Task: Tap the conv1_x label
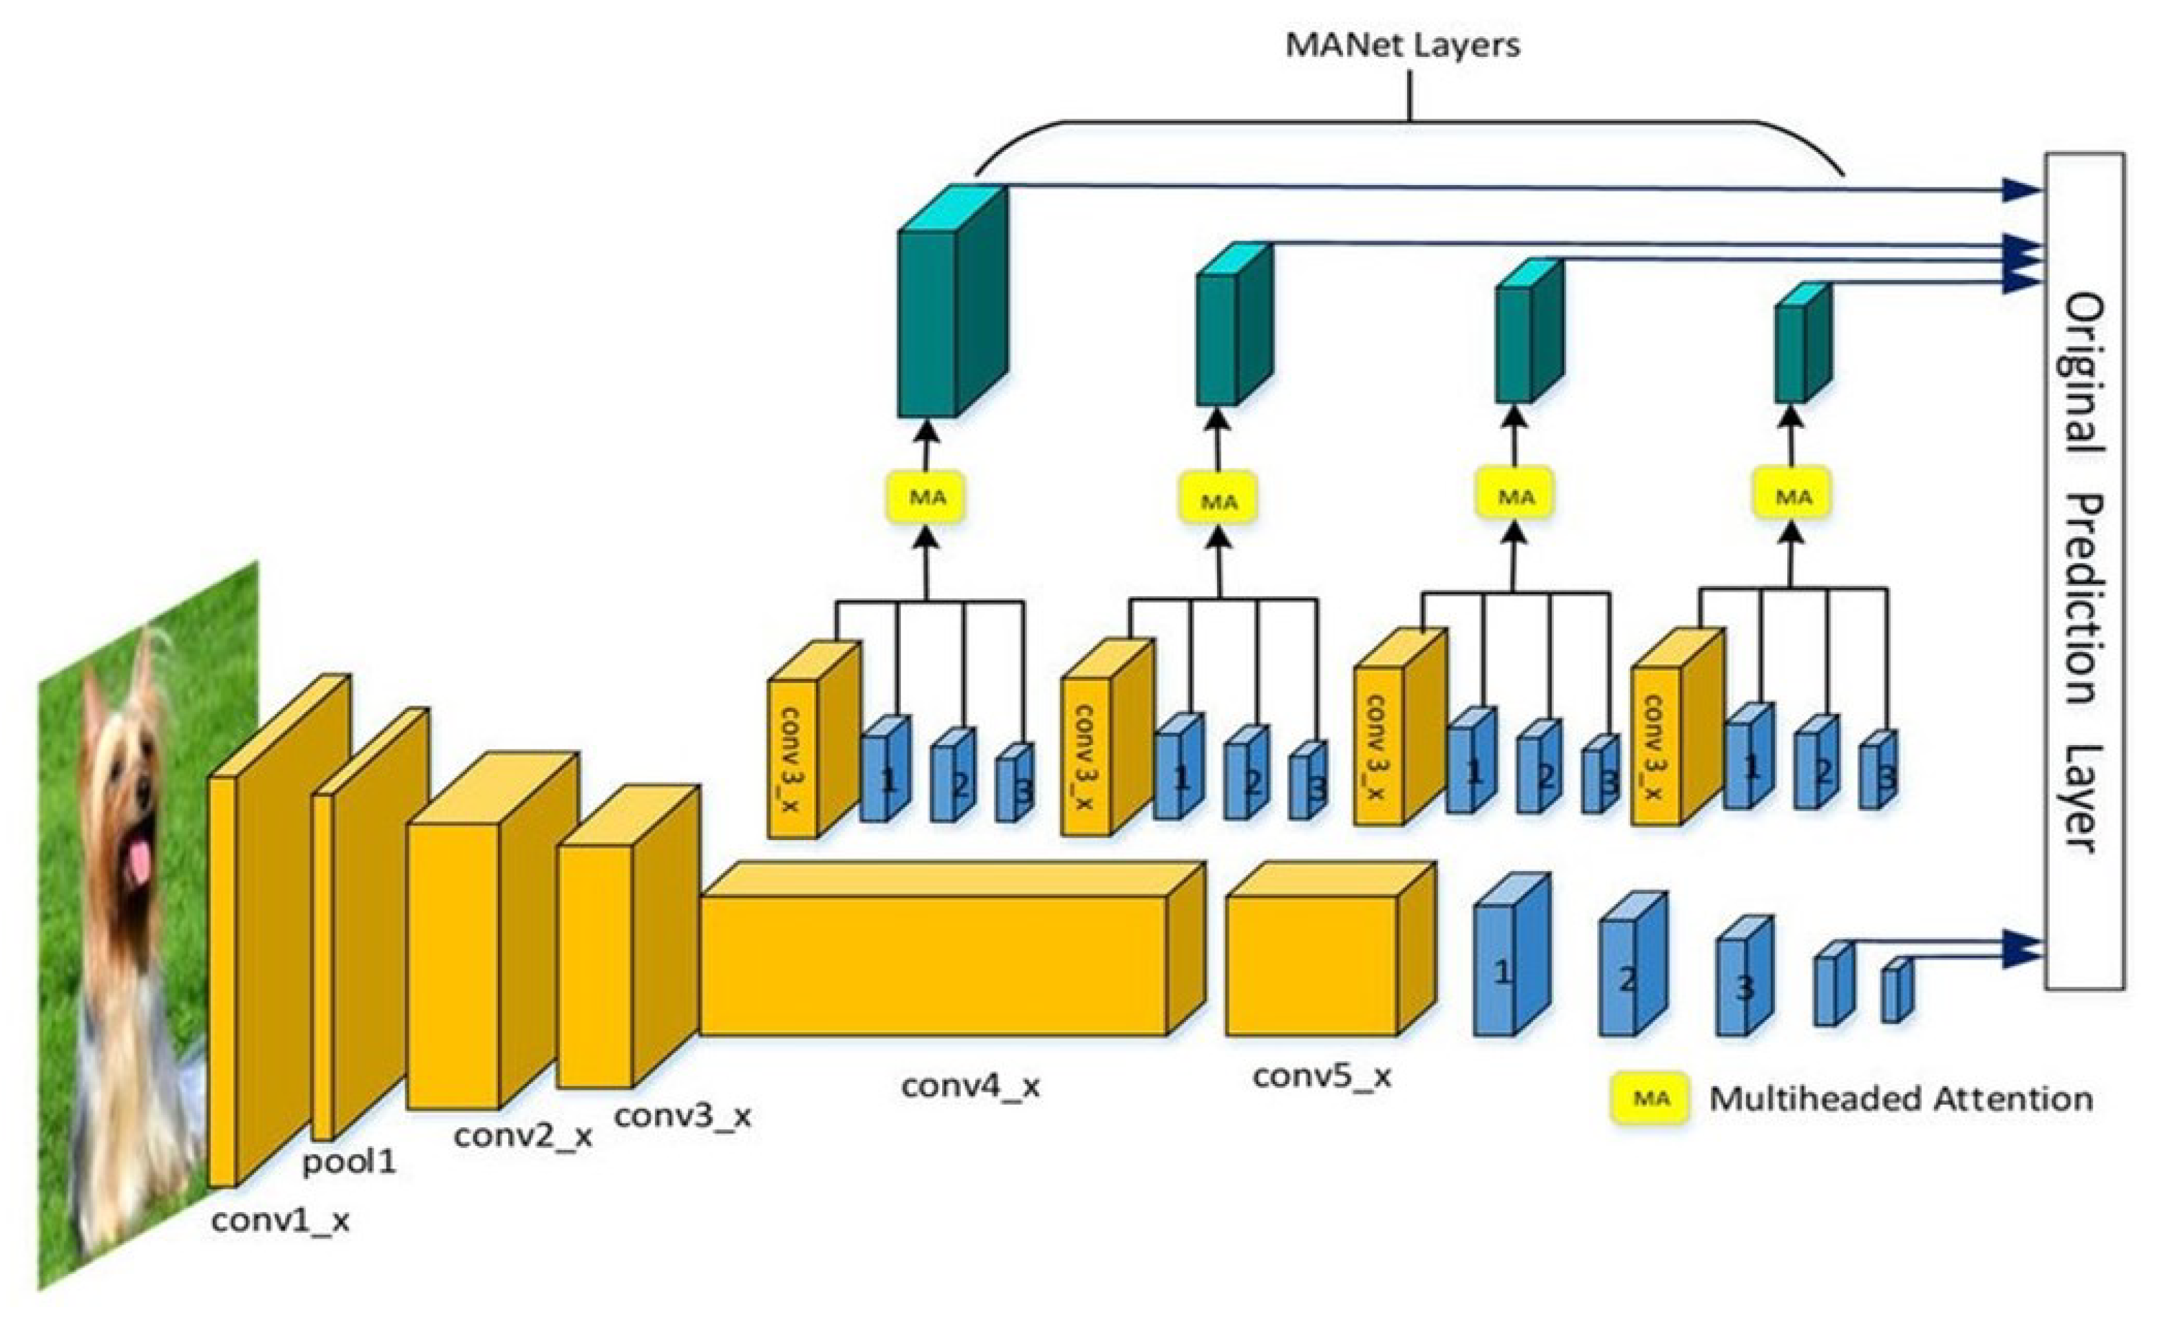click(280, 1221)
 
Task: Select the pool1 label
click(349, 1163)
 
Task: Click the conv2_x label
click(522, 1136)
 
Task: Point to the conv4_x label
click(970, 1086)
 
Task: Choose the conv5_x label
click(1321, 1076)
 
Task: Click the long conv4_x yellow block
click(934, 965)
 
